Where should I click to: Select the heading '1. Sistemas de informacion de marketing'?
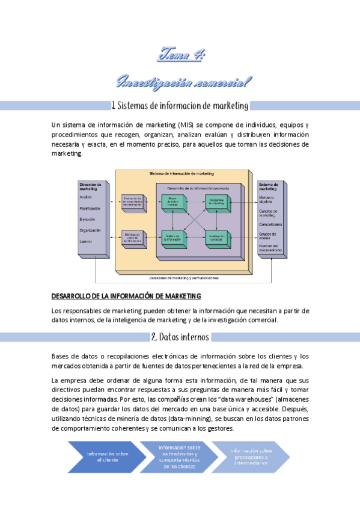tap(180, 106)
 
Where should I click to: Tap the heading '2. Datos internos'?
tap(180, 336)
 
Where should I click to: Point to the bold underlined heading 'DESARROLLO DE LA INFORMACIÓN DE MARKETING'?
tap(126, 296)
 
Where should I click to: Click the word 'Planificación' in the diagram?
tap(90, 208)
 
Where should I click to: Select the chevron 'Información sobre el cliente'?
tap(99, 456)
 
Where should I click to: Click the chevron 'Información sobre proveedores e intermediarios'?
tap(251, 456)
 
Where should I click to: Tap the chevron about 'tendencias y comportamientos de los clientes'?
tap(180, 456)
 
